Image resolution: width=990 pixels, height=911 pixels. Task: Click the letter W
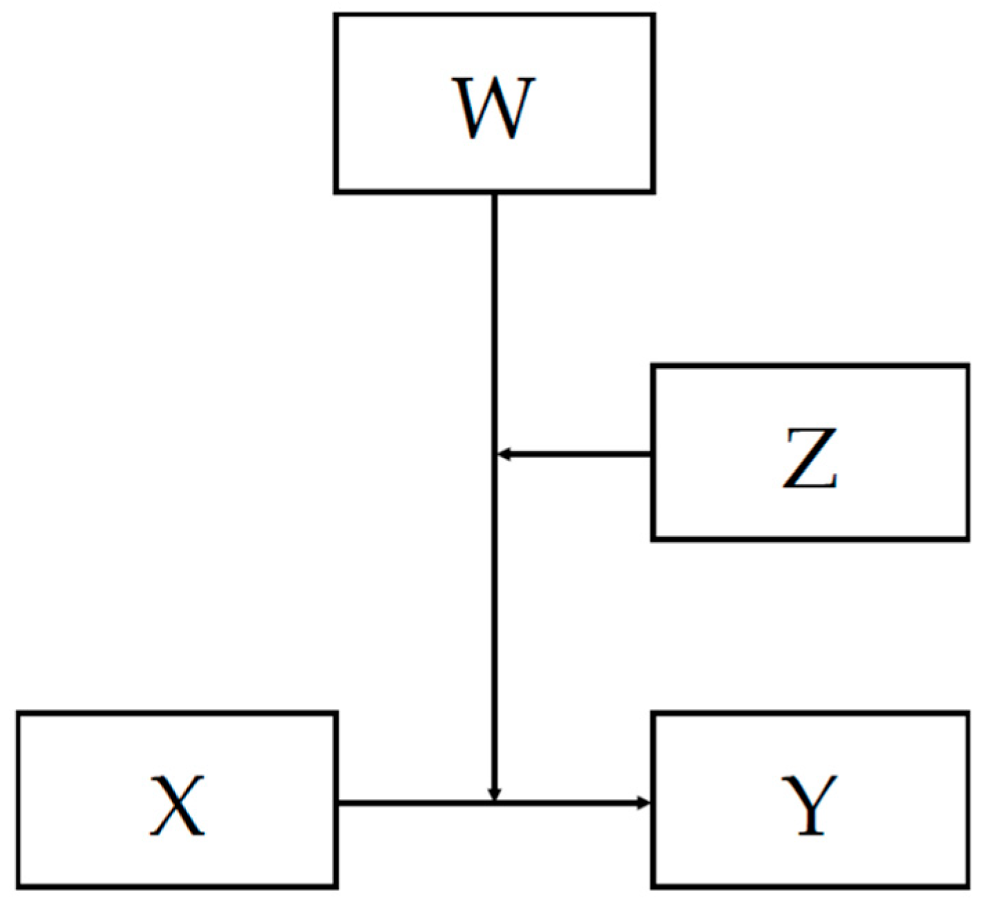(x=493, y=108)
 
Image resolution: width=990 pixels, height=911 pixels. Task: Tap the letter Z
(x=810, y=459)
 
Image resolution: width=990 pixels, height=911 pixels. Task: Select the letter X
(x=177, y=805)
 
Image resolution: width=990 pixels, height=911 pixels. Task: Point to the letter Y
(x=809, y=805)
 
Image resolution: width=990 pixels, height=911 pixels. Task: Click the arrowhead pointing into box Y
(x=644, y=803)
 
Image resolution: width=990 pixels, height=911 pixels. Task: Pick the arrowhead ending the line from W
(x=494, y=794)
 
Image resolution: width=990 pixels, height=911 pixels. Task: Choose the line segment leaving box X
(x=415, y=803)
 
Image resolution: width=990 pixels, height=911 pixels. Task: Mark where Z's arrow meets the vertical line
(x=495, y=454)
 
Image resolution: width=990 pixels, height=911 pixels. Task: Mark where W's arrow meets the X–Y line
(x=494, y=803)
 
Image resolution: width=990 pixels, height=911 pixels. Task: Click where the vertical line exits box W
(x=494, y=193)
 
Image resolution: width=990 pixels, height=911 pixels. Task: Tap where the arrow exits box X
(x=337, y=803)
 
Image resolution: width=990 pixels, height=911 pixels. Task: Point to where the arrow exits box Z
(x=651, y=454)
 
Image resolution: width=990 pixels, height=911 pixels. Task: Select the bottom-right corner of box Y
(x=967, y=885)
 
